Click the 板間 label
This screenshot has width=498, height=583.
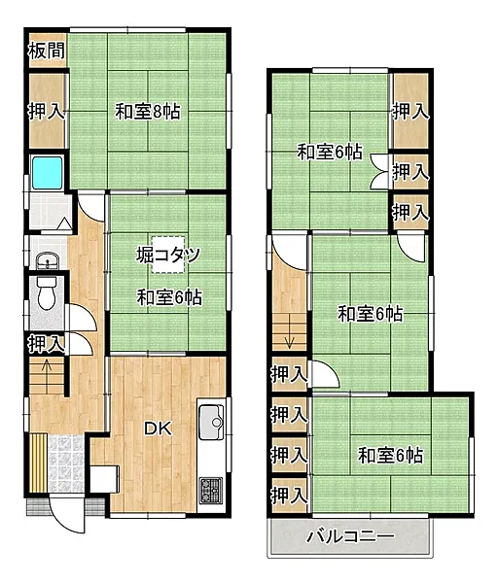coord(47,51)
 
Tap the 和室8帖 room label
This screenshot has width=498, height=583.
coord(148,111)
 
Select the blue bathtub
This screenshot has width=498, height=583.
coord(48,173)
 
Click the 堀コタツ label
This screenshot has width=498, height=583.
coord(168,255)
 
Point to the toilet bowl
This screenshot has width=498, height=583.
coord(47,293)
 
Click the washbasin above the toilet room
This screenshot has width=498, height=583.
coord(48,259)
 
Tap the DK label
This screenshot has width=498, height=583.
coord(159,429)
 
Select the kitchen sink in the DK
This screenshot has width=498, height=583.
coord(211,423)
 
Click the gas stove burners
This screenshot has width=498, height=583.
coord(211,491)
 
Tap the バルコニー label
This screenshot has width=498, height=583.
coord(350,536)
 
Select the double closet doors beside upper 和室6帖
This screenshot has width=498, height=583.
coord(379,171)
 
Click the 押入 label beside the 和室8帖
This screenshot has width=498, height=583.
coord(47,111)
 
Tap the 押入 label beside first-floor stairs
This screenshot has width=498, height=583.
coord(47,343)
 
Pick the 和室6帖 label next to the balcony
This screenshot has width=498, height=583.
coord(390,456)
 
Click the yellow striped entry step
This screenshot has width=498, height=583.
coord(38,463)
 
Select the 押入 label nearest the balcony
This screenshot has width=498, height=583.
coord(289,496)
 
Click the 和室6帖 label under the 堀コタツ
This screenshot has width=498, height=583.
coord(169,297)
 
